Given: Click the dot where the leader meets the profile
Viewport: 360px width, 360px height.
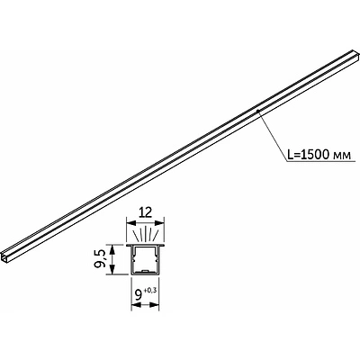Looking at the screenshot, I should (x=257, y=111).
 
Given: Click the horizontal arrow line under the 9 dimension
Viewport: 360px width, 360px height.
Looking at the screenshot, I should (x=145, y=301).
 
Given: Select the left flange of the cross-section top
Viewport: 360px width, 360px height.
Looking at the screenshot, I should (x=133, y=244).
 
